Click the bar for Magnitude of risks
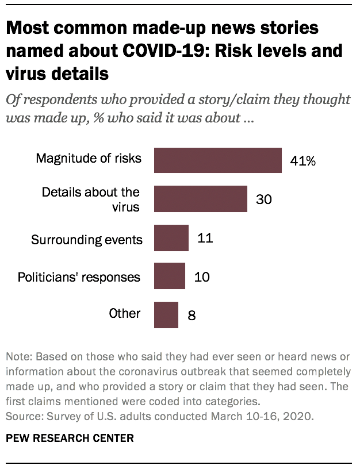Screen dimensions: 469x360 pos(217,160)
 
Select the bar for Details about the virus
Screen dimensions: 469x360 pos(200,199)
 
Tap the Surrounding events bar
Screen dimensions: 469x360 pos(171,238)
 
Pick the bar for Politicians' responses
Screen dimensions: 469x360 pos(169,276)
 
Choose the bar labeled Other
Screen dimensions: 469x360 pos(166,314)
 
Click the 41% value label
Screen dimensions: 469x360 pos(302,161)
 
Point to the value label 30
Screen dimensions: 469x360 pos(263,199)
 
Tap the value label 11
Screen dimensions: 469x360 pos(205,237)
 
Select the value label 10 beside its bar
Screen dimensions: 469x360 pos(201,277)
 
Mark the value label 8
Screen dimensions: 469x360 pos(192,316)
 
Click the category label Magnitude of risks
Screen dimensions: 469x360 pos(89,158)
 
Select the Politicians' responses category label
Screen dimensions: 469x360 pos(79,277)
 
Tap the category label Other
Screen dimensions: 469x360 pos(125,314)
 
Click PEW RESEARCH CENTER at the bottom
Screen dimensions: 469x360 pos(71,438)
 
